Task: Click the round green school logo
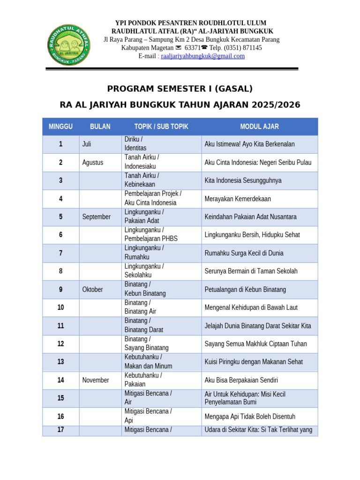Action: [x=68, y=45]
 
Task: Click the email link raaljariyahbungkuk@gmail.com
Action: [x=202, y=56]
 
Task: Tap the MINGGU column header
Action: [x=60, y=127]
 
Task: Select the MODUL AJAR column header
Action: [x=259, y=127]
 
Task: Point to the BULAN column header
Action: [x=100, y=127]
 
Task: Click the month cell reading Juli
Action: [x=87, y=144]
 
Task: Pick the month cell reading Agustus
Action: [x=93, y=163]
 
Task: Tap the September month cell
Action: [x=97, y=217]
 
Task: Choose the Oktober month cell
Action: [x=92, y=290]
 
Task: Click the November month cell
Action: [x=96, y=380]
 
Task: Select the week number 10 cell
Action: [x=60, y=307]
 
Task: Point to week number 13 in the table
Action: [x=60, y=362]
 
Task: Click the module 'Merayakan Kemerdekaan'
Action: [x=238, y=199]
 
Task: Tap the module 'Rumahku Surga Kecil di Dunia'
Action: [x=244, y=253]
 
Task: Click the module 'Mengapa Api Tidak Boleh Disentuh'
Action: [x=250, y=416]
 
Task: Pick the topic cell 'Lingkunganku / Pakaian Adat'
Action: [x=144, y=217]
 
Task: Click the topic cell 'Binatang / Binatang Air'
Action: [x=141, y=307]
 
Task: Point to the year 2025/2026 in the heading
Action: [x=276, y=105]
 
